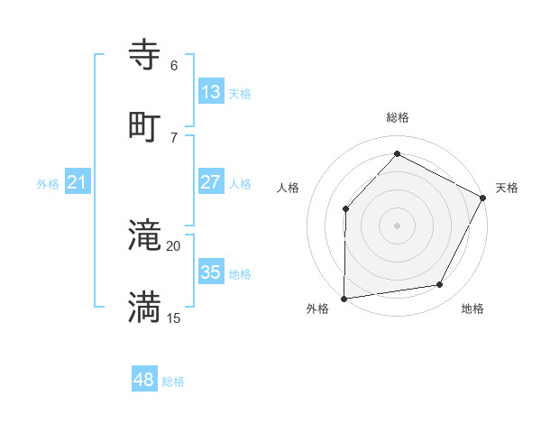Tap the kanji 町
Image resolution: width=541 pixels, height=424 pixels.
pos(145,126)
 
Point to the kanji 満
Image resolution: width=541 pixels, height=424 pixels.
pos(145,307)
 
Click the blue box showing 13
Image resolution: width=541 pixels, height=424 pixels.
pos(211,92)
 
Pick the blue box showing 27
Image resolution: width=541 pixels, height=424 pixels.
pos(211,182)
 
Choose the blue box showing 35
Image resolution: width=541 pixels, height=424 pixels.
pos(211,272)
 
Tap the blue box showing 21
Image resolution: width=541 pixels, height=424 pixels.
pos(78,183)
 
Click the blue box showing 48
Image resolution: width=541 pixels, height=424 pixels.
pos(144,380)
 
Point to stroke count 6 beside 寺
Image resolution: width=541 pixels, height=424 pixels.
pos(174,66)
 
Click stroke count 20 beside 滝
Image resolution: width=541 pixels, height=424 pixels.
pos(173,245)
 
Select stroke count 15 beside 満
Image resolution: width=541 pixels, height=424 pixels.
pos(173,318)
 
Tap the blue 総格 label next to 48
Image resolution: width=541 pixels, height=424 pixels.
pos(173,382)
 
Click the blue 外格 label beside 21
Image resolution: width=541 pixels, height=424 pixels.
pos(48,184)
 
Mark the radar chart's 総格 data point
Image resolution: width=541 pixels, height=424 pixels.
pos(397,154)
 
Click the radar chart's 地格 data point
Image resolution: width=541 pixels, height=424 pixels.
pos(440,285)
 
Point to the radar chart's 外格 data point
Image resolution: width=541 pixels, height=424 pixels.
pos(344,298)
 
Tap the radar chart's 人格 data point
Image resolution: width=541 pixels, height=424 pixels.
pos(346,209)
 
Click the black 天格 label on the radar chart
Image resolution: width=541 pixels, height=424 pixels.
pos(507,188)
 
